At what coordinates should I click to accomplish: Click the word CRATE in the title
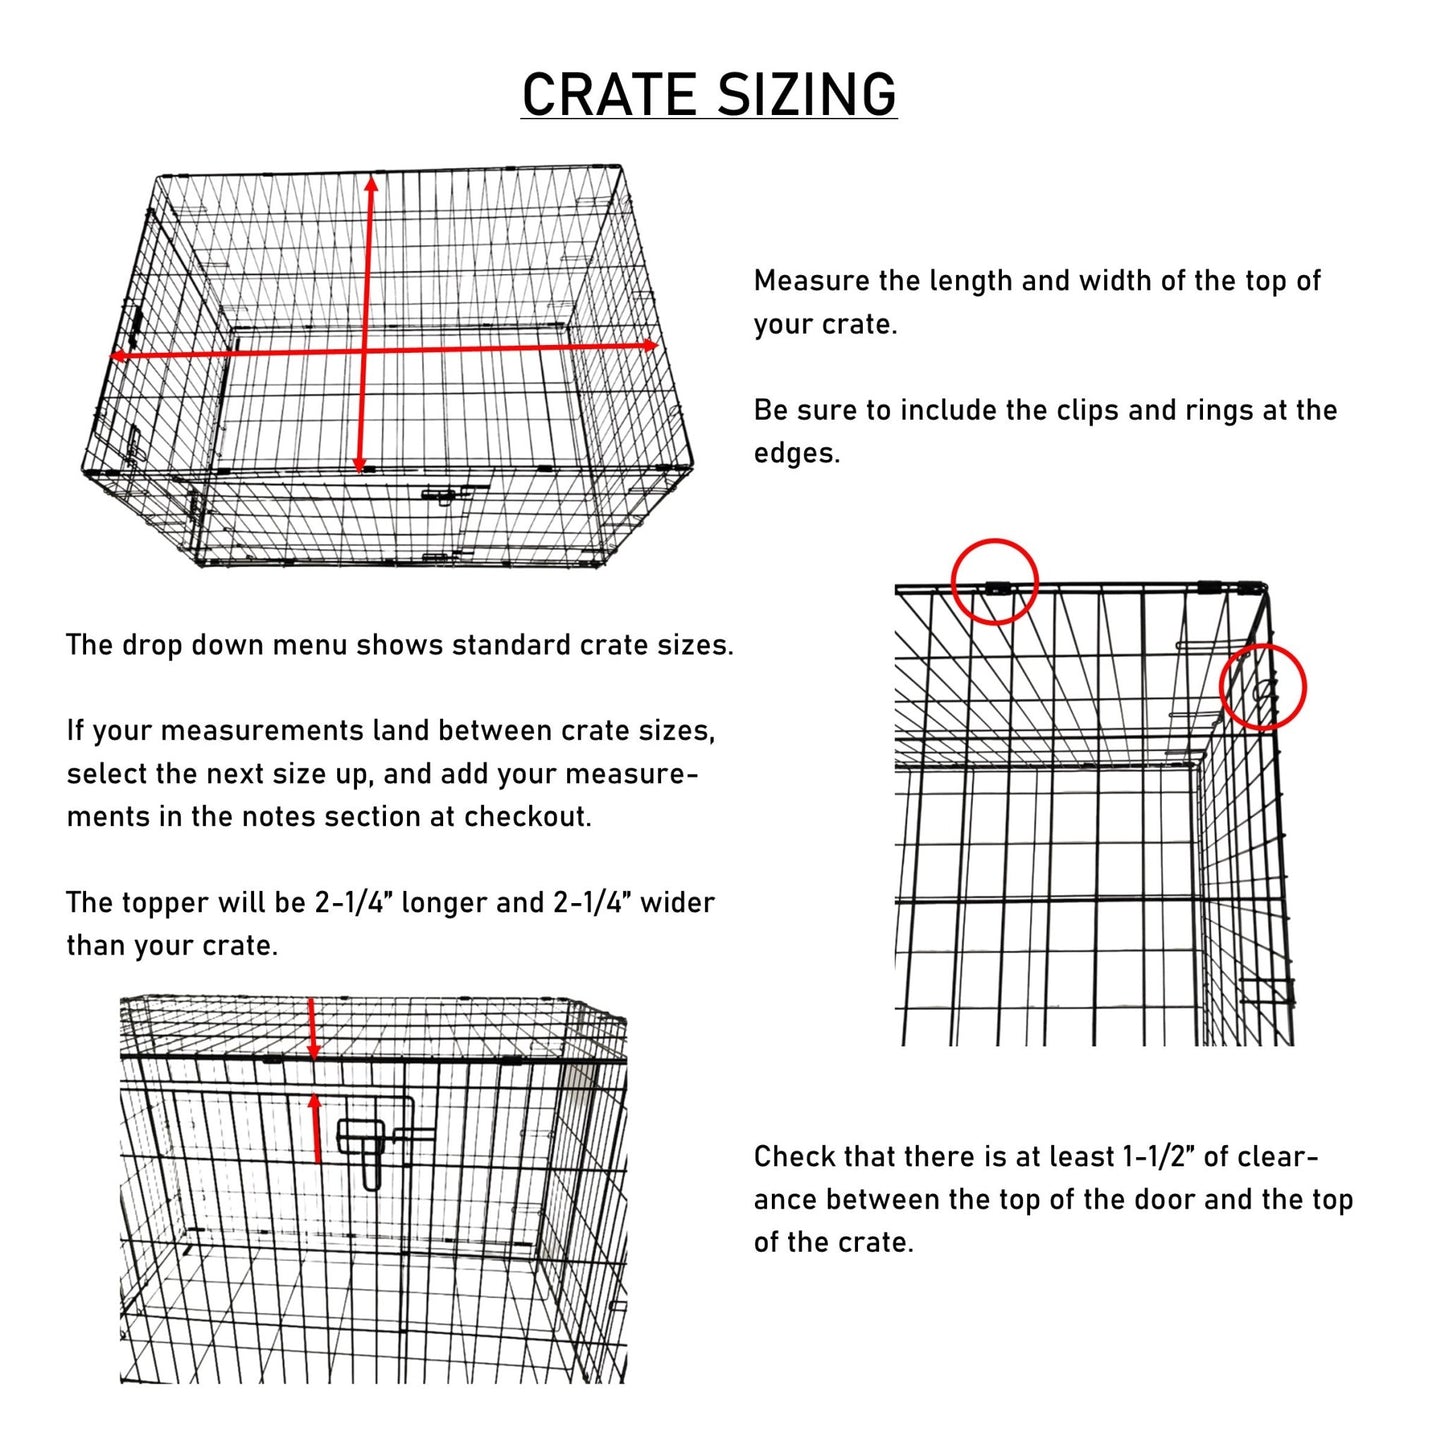[609, 95]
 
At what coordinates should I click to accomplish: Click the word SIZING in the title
[806, 95]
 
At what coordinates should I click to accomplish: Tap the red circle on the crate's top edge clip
[994, 582]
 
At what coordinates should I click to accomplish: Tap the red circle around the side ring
[1264, 687]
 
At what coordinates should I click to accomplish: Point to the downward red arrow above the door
[313, 1030]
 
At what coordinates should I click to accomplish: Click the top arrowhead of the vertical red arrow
[371, 182]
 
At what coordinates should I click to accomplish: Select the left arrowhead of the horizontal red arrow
[116, 356]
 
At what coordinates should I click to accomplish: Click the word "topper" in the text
[168, 903]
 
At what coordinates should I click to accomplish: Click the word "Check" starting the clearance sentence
[795, 1157]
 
